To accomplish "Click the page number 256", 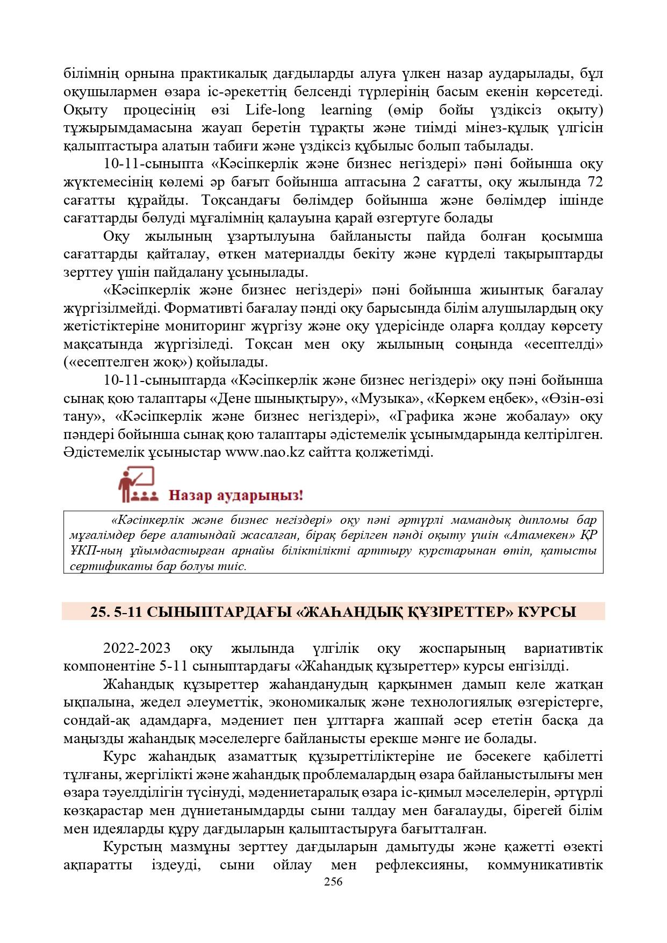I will [x=333, y=882].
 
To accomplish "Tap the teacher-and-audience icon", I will [x=137, y=485].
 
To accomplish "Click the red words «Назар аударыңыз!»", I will [x=236, y=494].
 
